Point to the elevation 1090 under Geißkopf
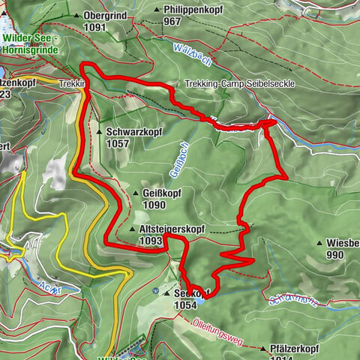click(x=152, y=204)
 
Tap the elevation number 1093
click(x=151, y=241)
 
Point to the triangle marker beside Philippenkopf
click(x=157, y=10)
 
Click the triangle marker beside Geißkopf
click(x=134, y=193)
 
